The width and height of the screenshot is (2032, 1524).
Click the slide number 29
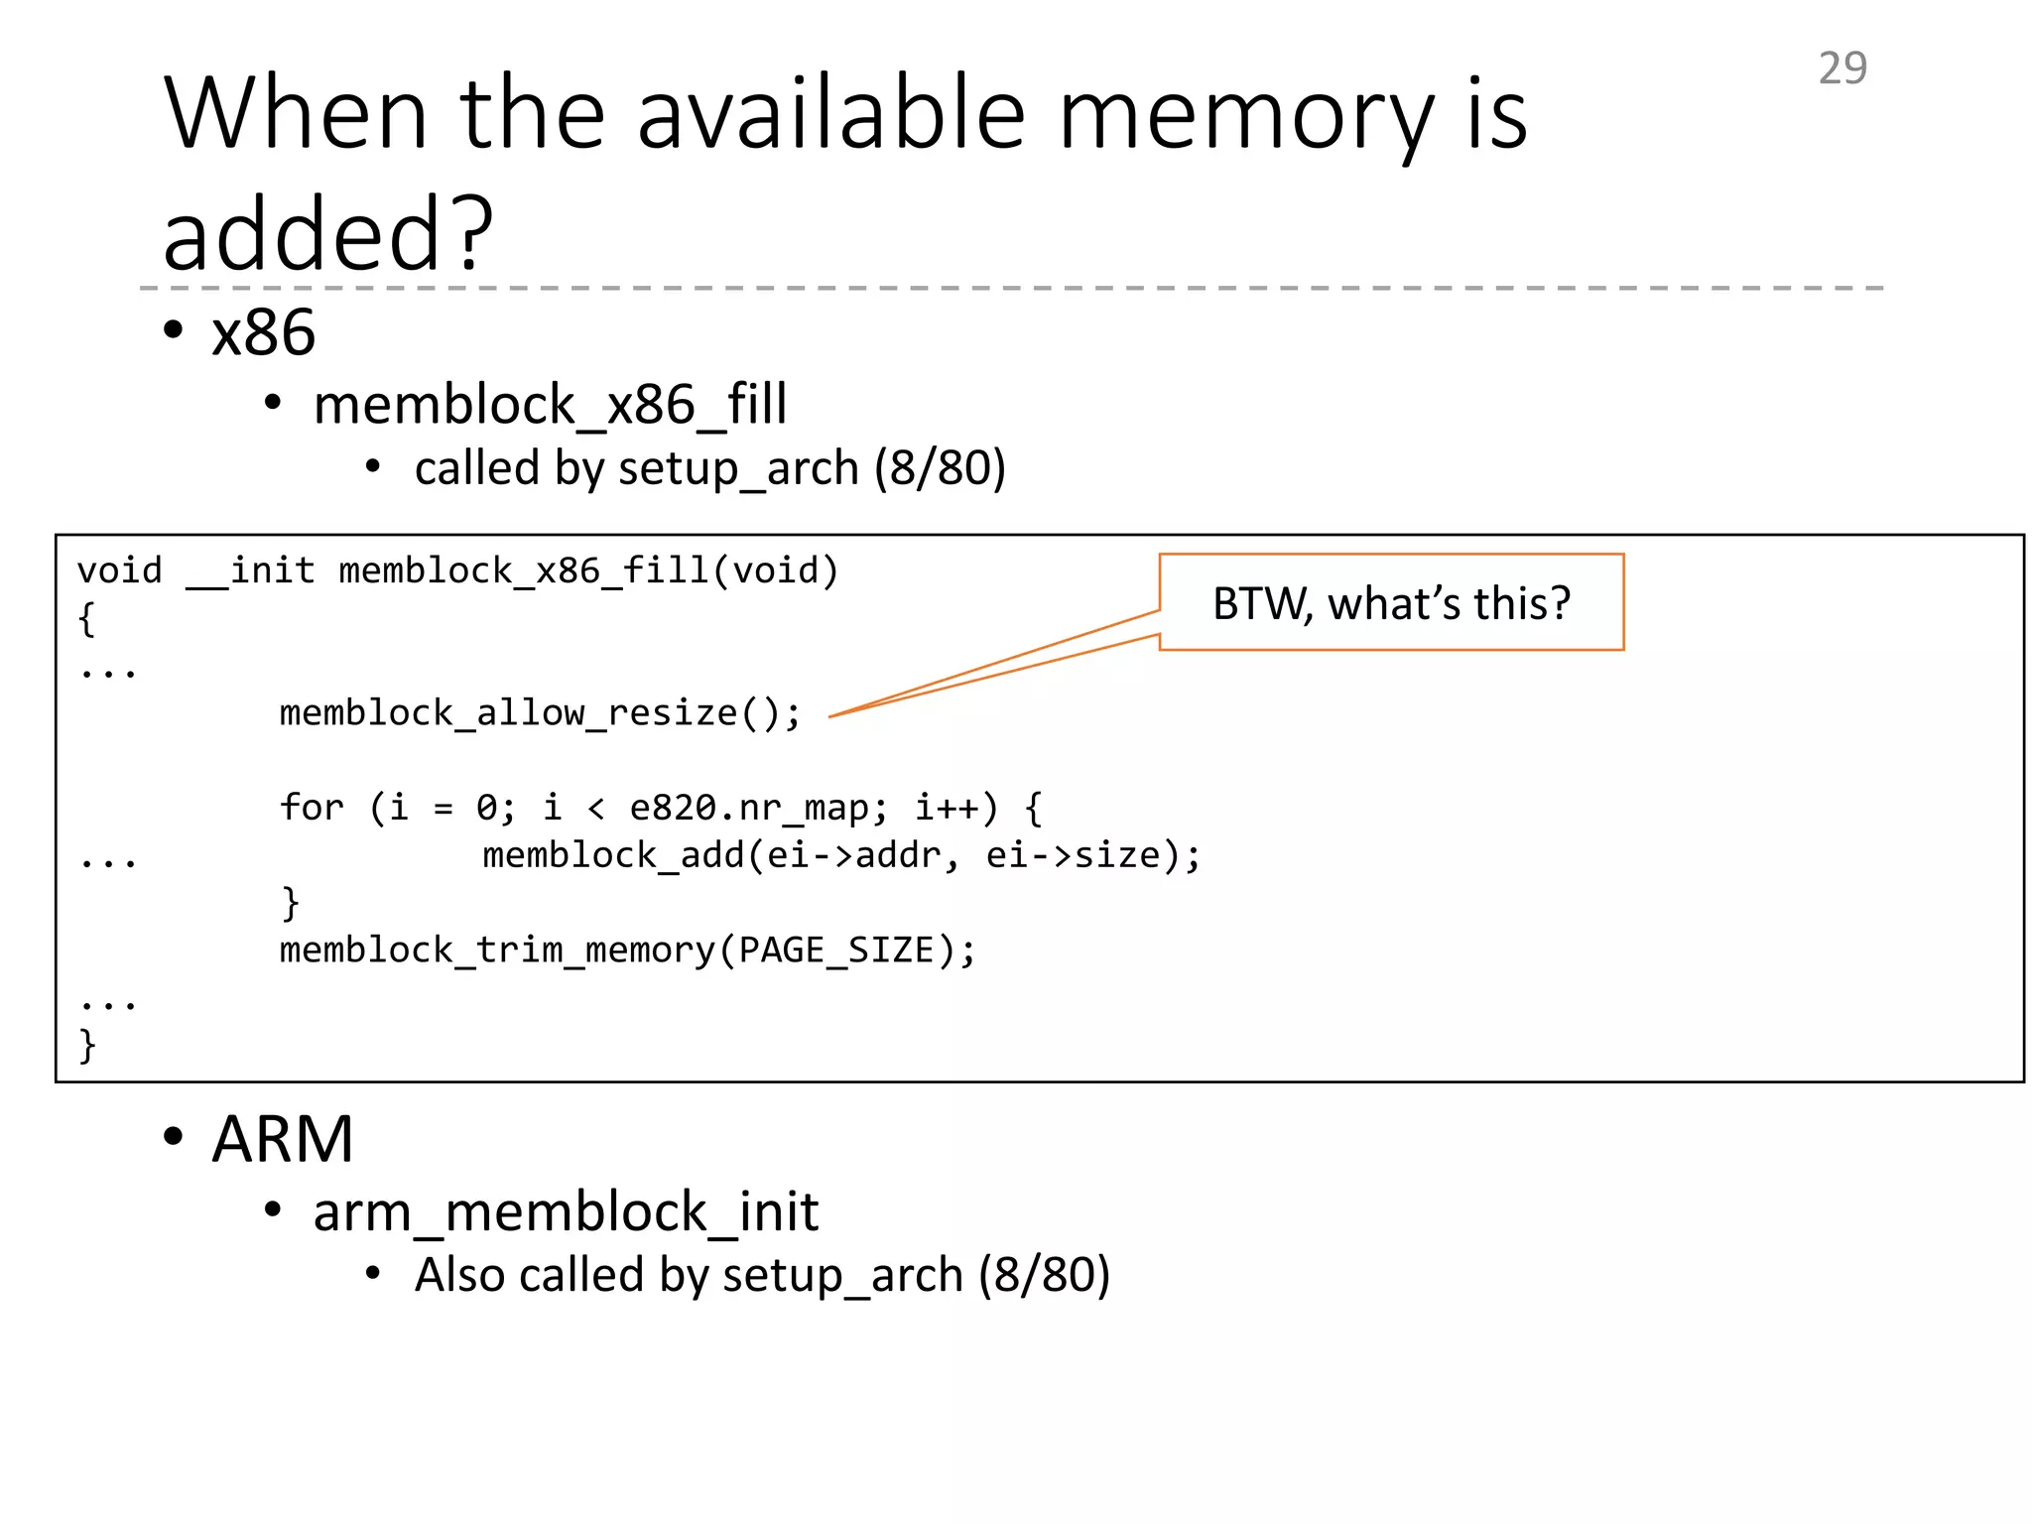(1841, 68)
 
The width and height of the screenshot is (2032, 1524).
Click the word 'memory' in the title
(1246, 116)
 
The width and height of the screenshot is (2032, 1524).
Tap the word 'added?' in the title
(327, 234)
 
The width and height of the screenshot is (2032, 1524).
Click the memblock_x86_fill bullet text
(550, 405)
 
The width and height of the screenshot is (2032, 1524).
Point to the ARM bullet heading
(282, 1139)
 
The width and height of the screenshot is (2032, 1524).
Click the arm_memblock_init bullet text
(566, 1211)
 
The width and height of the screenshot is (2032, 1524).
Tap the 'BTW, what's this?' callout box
(1391, 602)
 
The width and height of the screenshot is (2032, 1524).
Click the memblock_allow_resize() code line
(540, 712)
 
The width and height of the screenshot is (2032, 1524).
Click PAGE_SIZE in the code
(836, 950)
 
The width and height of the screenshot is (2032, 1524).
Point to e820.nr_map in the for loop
(750, 808)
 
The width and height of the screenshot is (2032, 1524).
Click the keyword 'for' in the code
(312, 808)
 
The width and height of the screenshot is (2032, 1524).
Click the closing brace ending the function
(87, 1045)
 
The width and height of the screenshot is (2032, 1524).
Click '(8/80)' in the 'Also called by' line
(1044, 1274)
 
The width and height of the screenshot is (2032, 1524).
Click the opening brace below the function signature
(87, 619)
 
